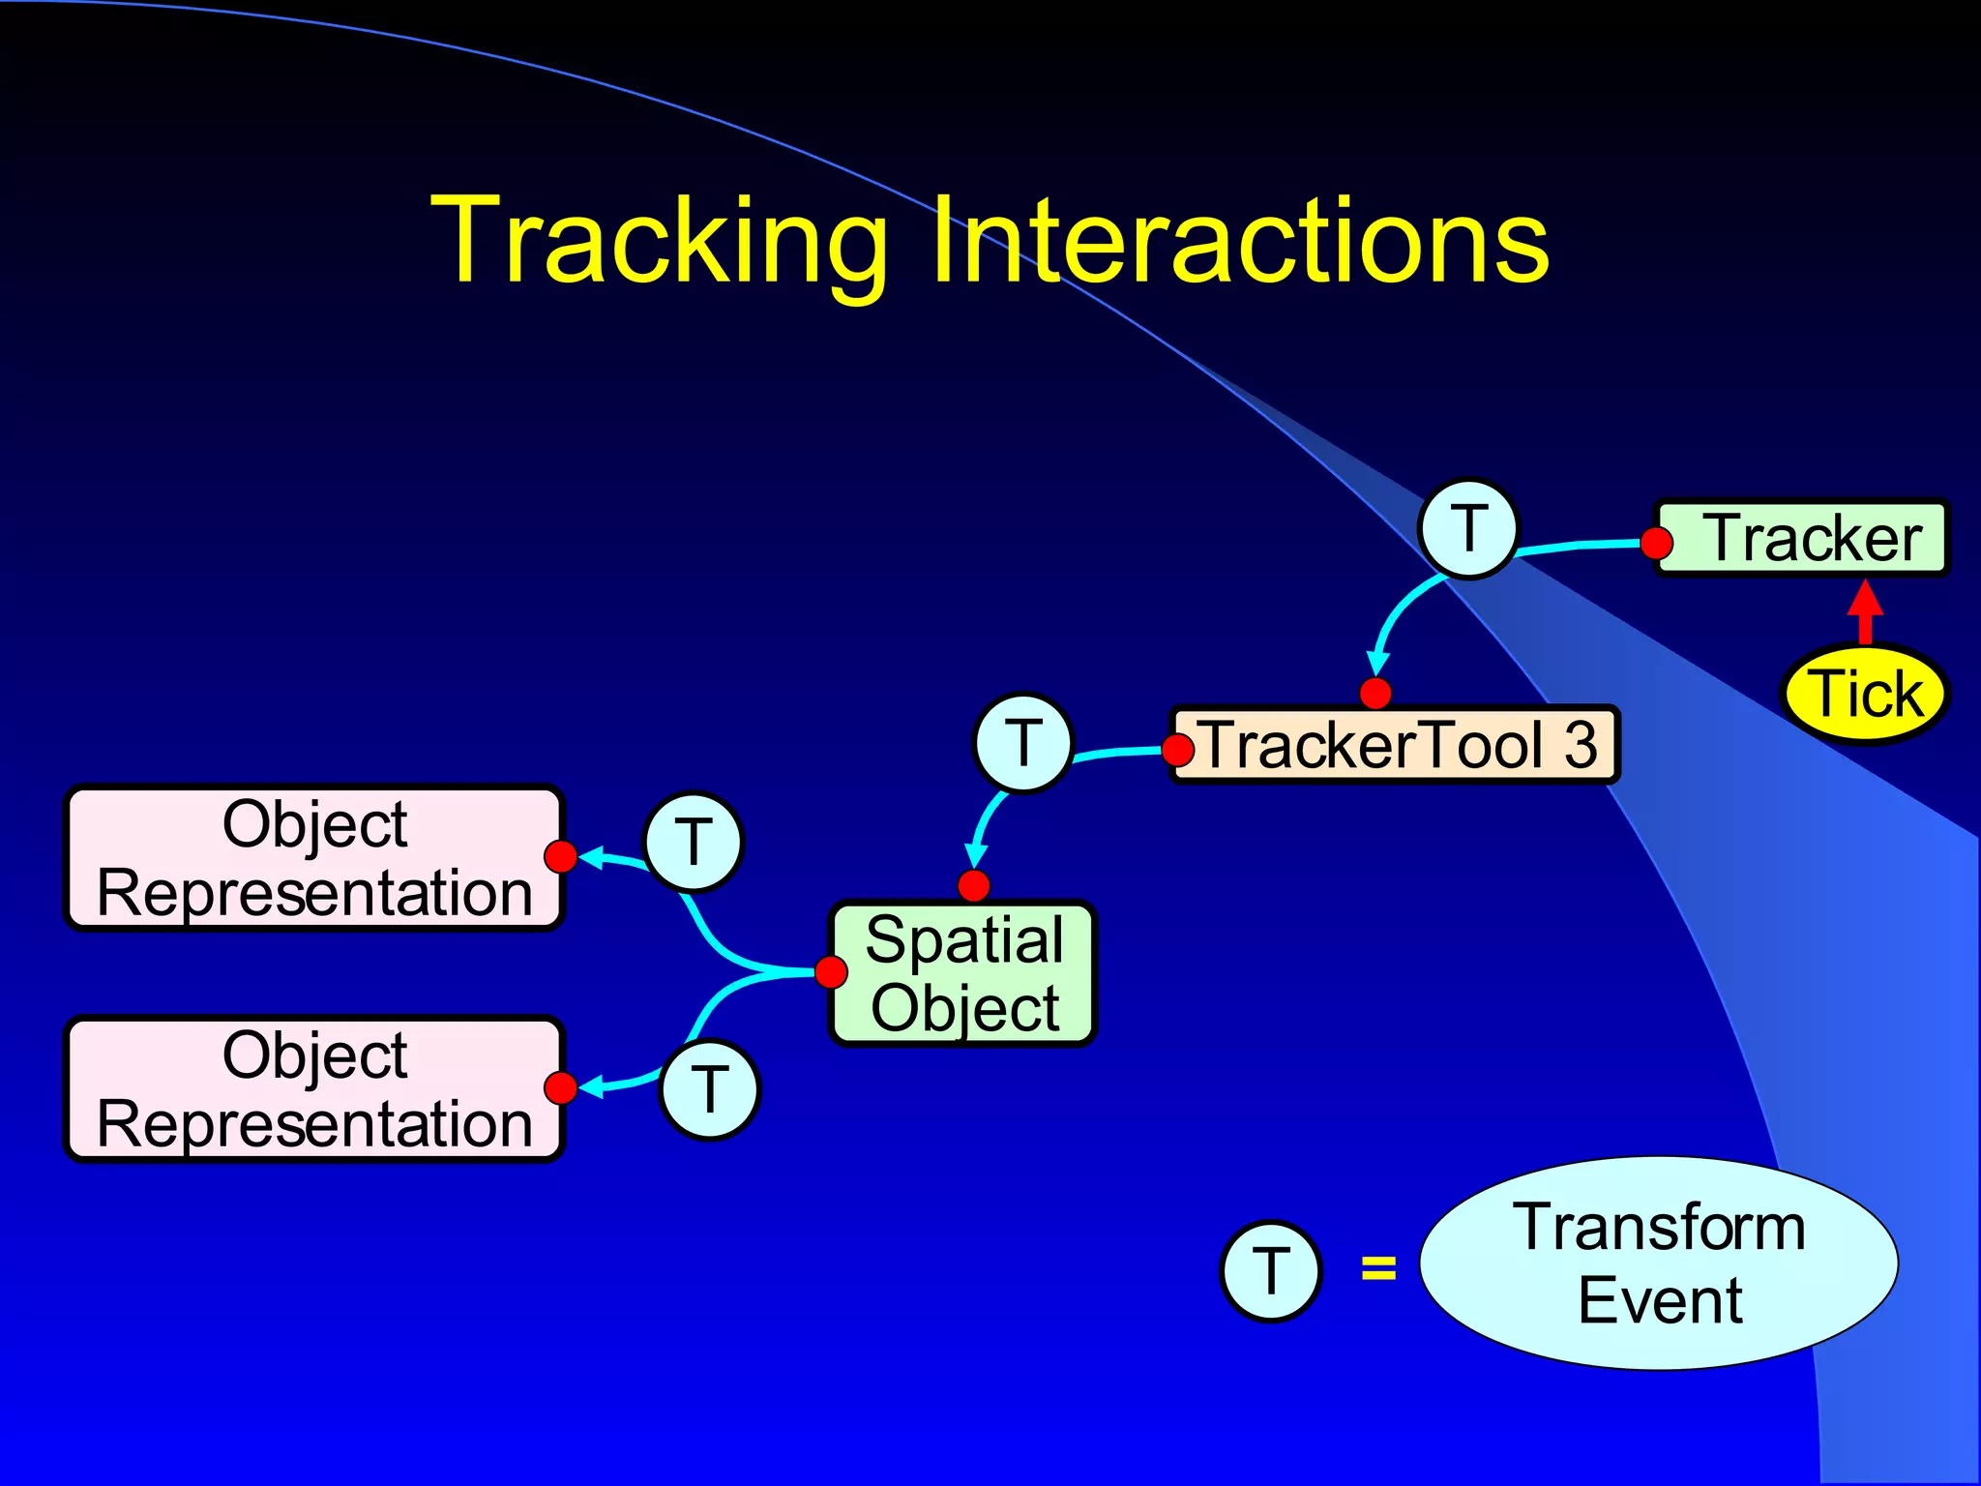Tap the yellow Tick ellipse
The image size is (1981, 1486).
point(1865,694)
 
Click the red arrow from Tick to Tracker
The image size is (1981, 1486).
point(1865,611)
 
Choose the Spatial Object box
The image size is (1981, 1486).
point(963,973)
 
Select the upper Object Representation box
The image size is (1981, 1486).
point(314,858)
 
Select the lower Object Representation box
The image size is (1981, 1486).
point(314,1088)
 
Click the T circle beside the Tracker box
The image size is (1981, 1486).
point(1468,528)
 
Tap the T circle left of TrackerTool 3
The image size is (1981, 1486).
point(1023,743)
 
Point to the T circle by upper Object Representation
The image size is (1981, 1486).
point(694,842)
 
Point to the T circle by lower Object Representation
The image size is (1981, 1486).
point(710,1089)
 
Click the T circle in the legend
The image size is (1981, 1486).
point(1270,1270)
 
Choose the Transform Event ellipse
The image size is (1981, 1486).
point(1659,1263)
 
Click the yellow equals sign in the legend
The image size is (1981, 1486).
point(1378,1267)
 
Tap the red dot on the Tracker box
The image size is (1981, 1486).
point(1657,543)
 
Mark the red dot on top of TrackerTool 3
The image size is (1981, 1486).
point(1375,693)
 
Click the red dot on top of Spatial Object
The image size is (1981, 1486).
point(974,885)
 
